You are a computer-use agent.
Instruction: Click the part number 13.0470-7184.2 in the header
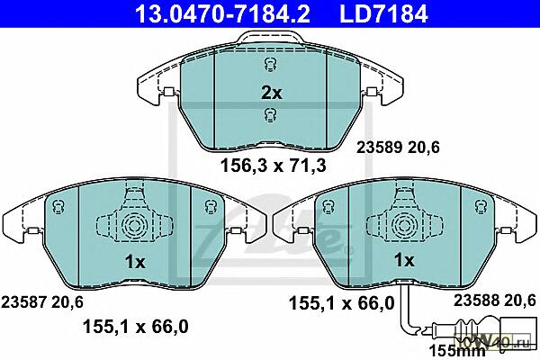click(222, 13)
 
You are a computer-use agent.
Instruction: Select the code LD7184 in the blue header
click(383, 13)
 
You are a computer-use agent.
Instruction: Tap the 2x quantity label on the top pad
click(272, 93)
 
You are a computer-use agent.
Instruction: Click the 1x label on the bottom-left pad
click(135, 263)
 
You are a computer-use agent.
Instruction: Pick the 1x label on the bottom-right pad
click(404, 260)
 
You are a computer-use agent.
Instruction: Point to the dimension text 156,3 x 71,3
click(273, 166)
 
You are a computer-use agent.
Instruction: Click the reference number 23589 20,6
click(398, 148)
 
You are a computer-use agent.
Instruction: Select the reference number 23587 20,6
click(42, 302)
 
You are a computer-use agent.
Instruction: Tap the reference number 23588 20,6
click(494, 301)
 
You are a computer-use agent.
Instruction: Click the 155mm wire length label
click(456, 351)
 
